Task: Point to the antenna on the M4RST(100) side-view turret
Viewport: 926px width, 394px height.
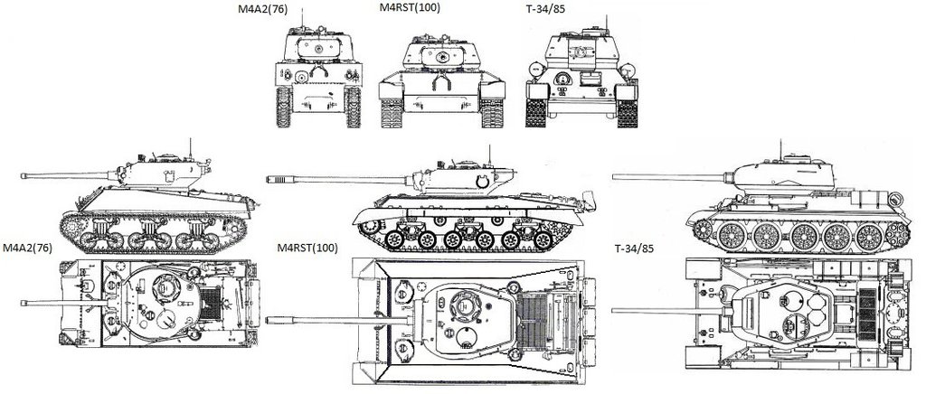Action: (x=488, y=154)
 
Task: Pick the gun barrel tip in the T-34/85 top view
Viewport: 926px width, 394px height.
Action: (x=616, y=310)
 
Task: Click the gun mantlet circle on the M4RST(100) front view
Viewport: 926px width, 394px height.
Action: (x=443, y=57)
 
